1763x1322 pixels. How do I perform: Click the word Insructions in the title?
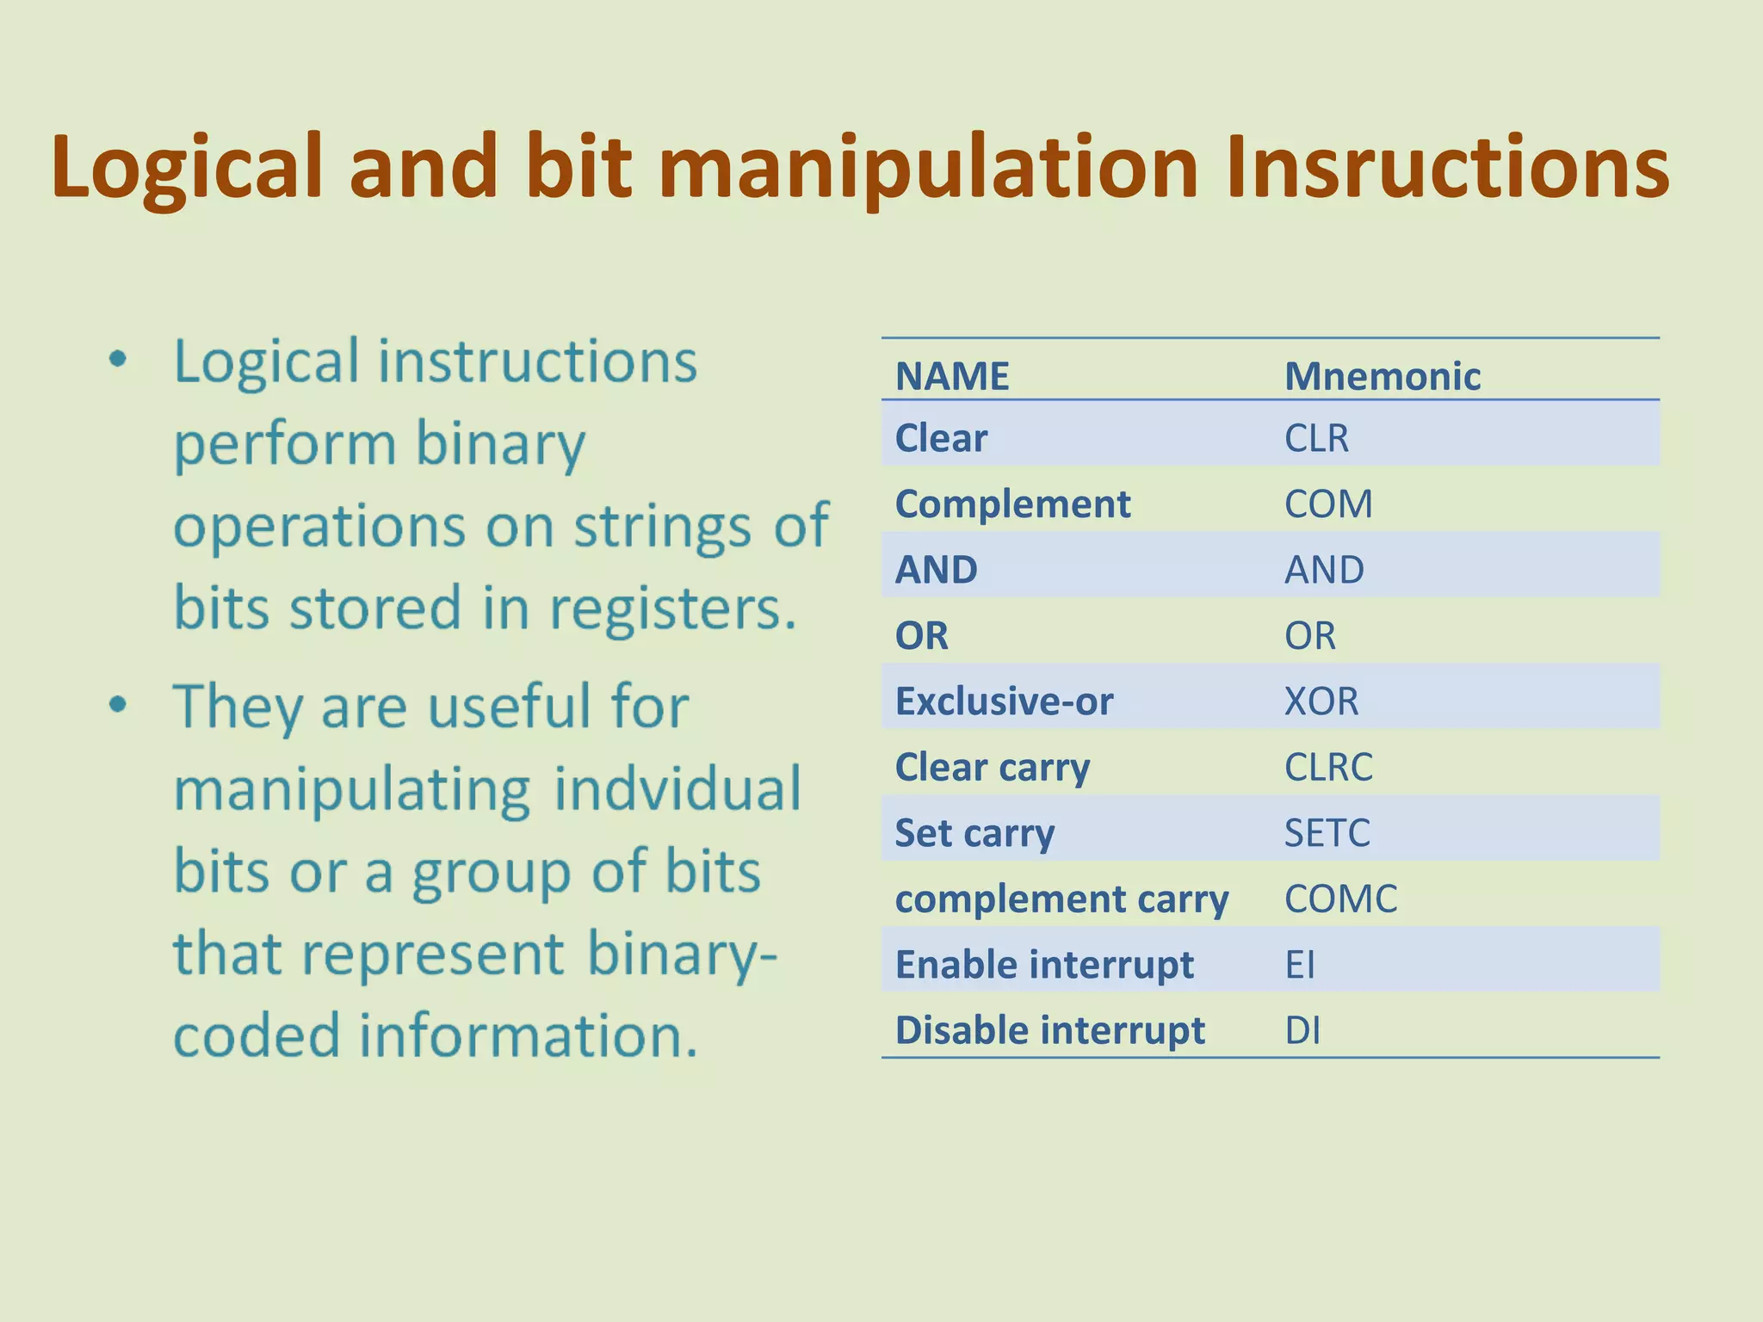coord(1446,168)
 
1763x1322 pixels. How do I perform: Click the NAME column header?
coord(952,377)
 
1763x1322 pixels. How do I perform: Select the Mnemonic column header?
coord(1382,377)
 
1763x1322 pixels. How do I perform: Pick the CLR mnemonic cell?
coord(1316,438)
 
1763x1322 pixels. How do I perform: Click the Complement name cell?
coord(1012,504)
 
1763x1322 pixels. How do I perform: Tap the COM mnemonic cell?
coord(1328,504)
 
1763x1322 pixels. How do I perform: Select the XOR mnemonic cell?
coord(1321,701)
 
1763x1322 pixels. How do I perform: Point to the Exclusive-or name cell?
coord(1004,701)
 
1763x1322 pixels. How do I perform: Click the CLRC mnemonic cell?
coord(1328,767)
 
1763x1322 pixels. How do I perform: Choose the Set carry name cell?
coord(974,833)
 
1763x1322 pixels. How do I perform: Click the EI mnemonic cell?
coord(1300,965)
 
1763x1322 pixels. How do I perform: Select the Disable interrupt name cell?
coord(1050,1030)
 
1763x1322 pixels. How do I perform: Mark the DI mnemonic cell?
coord(1302,1030)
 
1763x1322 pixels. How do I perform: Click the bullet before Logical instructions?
coord(119,359)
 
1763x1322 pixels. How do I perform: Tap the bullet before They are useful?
coord(119,705)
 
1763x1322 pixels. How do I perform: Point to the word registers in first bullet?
coord(672,609)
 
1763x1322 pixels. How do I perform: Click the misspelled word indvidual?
coord(677,788)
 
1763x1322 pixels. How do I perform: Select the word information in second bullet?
coord(528,1035)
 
